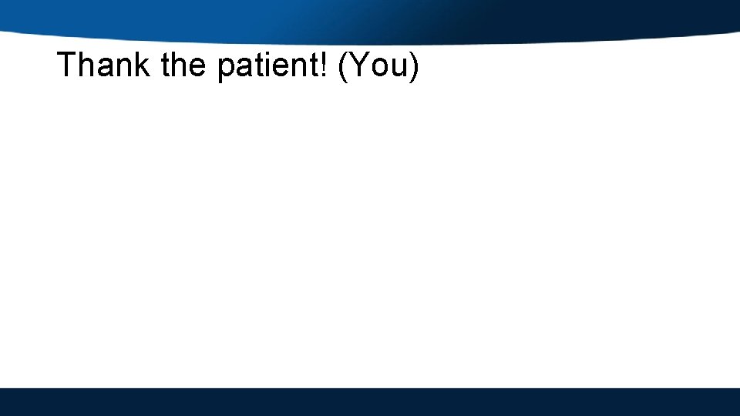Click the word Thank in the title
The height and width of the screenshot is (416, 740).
pos(104,65)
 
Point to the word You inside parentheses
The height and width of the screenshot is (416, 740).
pos(380,65)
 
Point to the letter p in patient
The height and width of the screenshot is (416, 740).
pos(226,69)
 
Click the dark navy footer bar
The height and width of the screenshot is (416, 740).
pos(370,401)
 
